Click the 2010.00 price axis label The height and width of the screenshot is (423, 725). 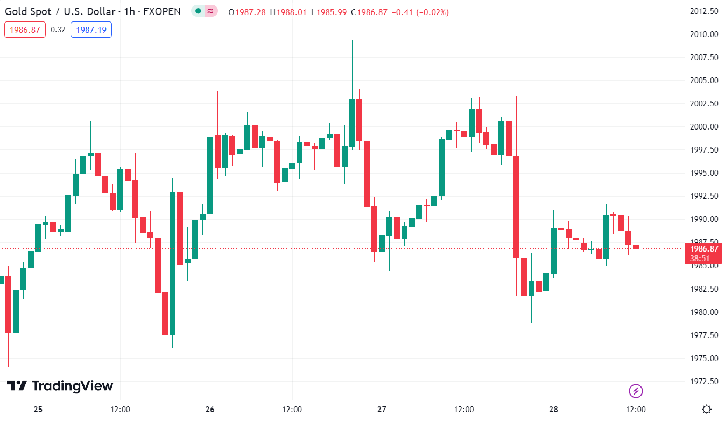point(703,34)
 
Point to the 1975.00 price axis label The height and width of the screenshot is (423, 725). point(703,359)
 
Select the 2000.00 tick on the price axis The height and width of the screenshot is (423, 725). point(703,127)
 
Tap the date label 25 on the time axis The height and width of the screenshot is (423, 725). point(38,410)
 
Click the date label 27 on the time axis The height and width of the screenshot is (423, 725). point(382,410)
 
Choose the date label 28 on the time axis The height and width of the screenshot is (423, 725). point(553,410)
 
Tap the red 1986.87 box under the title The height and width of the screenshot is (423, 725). point(25,30)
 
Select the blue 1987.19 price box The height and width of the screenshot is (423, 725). point(91,30)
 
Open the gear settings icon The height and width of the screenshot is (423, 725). point(707,410)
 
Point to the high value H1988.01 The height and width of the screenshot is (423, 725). point(291,12)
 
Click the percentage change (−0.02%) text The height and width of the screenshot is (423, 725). point(430,12)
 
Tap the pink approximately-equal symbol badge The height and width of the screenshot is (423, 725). point(210,11)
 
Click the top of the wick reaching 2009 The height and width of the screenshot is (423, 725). point(352,40)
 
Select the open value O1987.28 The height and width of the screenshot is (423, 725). point(247,12)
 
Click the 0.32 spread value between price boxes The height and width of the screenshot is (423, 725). point(58,30)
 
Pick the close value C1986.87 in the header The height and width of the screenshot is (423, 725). point(369,12)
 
